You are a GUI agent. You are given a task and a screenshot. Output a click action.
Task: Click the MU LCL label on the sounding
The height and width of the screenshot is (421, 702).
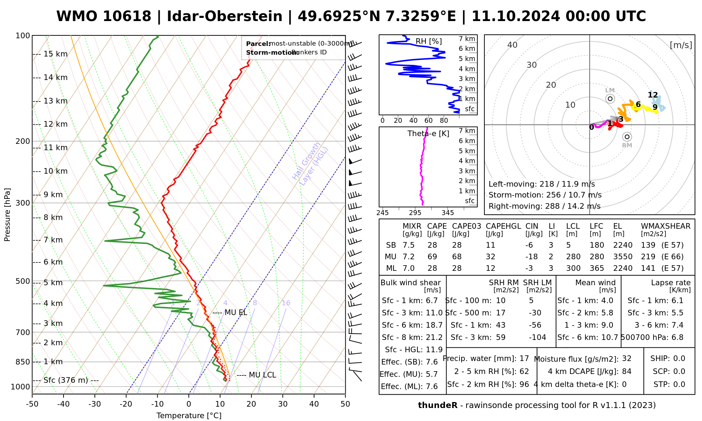pos(262,375)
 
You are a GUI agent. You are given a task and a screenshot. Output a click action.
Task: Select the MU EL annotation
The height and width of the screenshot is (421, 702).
pos(236,313)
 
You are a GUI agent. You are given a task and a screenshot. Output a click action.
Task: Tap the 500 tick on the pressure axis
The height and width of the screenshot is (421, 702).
pos(23,281)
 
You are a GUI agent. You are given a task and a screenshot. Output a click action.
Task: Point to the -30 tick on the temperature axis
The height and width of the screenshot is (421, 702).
pos(95,404)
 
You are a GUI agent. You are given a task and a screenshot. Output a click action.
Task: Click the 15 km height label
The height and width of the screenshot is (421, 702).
pos(55,54)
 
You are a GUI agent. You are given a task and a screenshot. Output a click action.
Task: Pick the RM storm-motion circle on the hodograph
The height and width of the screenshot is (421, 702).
pos(627,137)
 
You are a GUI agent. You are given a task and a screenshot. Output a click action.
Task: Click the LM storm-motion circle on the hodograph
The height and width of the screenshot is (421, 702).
pos(610,99)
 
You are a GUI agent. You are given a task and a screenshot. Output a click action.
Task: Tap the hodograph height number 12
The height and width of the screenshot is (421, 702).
pos(653,95)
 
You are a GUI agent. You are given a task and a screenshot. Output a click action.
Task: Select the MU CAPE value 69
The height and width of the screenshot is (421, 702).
pos(432,257)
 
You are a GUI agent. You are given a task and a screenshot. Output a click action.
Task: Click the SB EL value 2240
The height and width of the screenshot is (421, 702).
pos(623,245)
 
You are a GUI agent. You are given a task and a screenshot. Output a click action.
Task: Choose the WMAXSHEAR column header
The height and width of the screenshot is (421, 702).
pos(665,226)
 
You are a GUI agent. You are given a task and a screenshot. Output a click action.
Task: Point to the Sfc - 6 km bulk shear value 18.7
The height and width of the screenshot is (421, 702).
pos(435,325)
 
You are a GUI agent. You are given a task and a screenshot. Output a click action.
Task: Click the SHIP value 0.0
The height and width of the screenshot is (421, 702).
pos(679,359)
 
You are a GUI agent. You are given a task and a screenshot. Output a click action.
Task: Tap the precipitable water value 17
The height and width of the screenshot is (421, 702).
pos(524,359)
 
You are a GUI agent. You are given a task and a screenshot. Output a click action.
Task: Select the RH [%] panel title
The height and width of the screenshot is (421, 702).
pos(429,41)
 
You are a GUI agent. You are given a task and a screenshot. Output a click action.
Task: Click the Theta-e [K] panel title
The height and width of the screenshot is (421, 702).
pos(428,134)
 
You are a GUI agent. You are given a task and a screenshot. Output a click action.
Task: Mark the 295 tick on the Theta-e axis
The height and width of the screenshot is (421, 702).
pos(415,213)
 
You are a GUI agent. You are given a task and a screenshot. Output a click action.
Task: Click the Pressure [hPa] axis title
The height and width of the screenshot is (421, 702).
pos(7,215)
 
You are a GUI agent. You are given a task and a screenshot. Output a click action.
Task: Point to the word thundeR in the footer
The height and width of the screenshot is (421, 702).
pos(438,406)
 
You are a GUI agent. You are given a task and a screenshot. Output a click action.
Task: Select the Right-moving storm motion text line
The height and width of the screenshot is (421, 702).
pos(544,206)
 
